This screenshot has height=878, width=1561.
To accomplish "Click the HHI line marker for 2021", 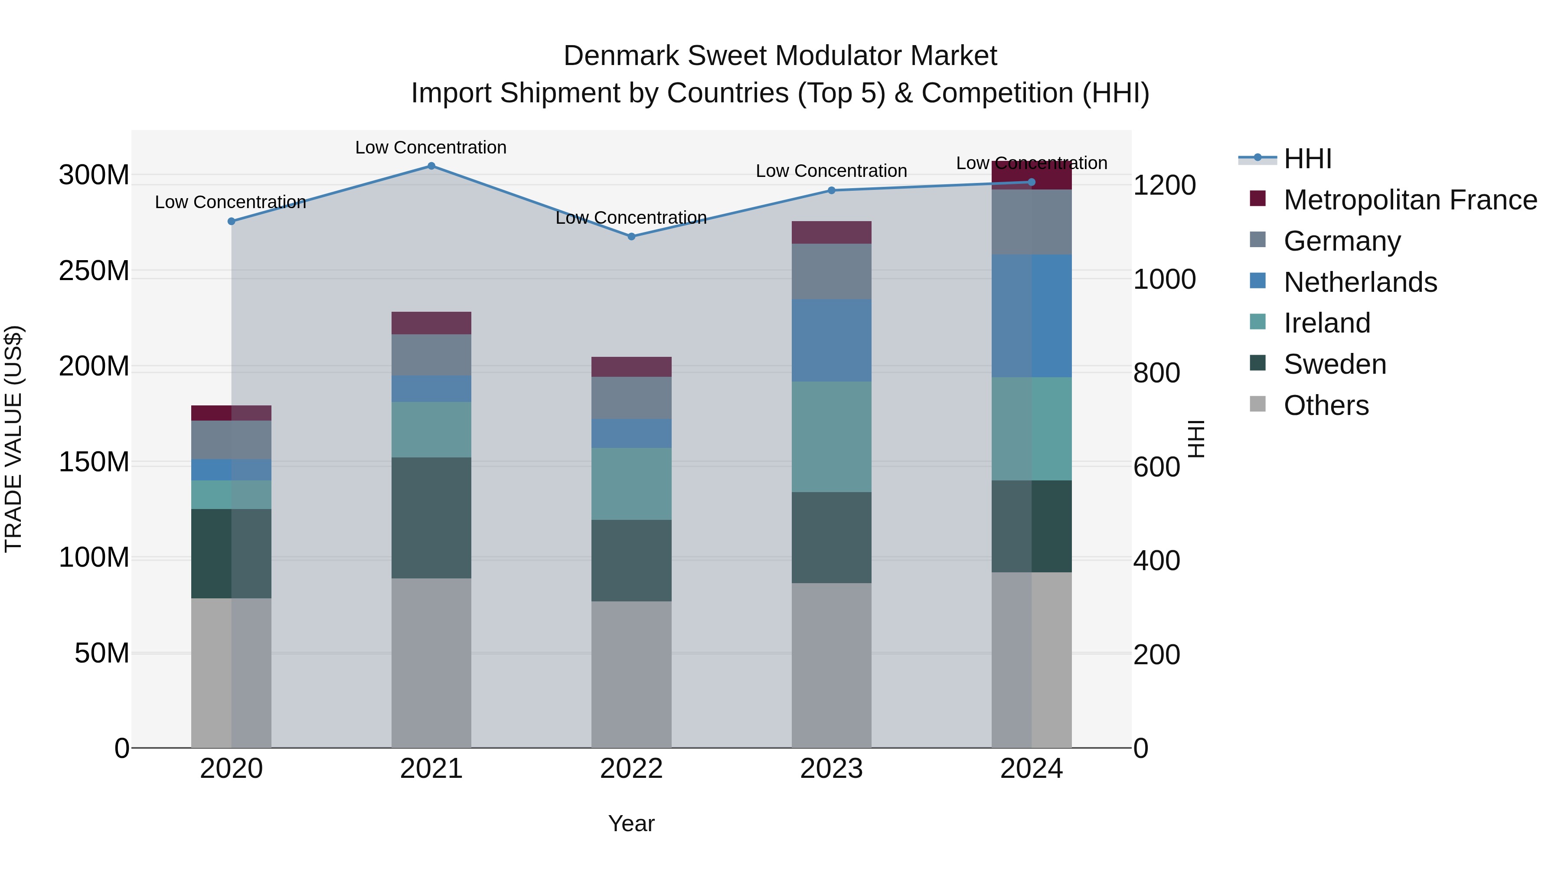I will tap(431, 166).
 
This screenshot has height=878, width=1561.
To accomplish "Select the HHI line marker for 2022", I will tap(631, 236).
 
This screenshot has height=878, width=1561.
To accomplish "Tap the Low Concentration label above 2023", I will tap(831, 171).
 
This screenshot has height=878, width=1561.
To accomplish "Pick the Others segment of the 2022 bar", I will tap(631, 674).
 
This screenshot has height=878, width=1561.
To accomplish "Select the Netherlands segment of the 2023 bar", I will tap(831, 340).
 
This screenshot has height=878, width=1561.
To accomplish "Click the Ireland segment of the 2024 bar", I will tap(1032, 429).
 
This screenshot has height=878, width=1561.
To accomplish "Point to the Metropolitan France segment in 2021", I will tap(431, 323).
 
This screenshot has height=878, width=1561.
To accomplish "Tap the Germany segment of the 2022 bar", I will tap(631, 398).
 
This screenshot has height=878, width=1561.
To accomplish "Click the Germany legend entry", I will tap(1342, 241).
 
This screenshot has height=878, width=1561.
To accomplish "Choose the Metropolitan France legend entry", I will tap(1410, 200).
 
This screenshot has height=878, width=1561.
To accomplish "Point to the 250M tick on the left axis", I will tap(94, 271).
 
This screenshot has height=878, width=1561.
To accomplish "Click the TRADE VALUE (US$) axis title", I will tap(13, 439).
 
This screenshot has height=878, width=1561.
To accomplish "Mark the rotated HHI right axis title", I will tap(1196, 439).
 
